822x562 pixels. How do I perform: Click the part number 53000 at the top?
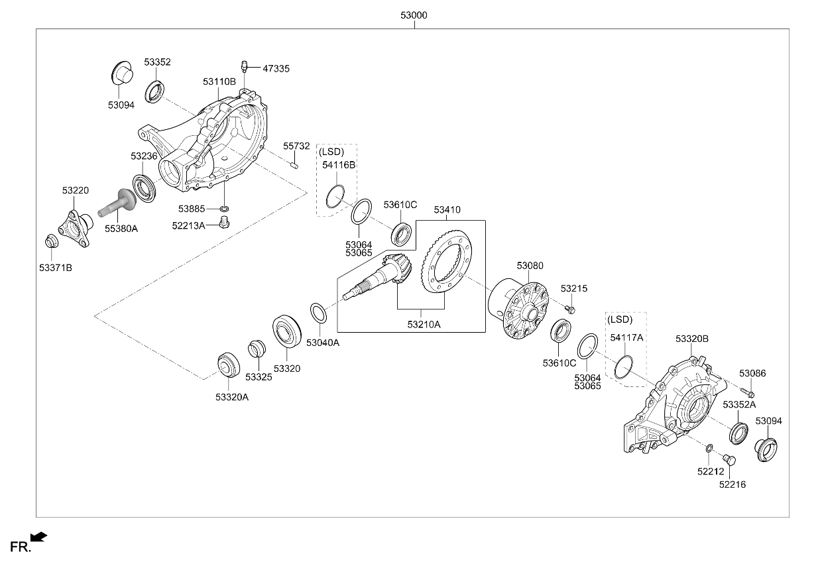(414, 15)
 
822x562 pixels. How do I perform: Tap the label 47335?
(276, 69)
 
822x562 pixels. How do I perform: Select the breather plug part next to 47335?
(244, 66)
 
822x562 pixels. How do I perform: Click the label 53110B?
(219, 82)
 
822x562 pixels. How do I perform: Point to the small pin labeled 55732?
(294, 166)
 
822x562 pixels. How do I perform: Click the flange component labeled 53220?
(75, 227)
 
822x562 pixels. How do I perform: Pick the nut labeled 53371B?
(52, 241)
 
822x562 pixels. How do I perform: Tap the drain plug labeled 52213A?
(224, 222)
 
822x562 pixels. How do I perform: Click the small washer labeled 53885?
(225, 209)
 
